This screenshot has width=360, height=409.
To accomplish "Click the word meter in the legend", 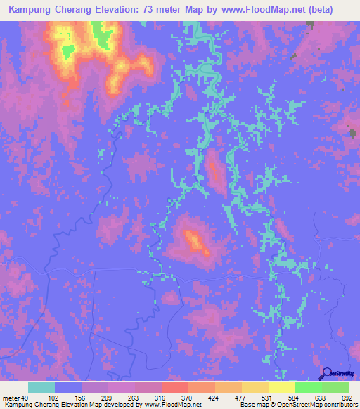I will click(x=11, y=397).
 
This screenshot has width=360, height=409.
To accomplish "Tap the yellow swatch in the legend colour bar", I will click(x=282, y=387).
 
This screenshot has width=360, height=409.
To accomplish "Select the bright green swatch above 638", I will click(x=309, y=387).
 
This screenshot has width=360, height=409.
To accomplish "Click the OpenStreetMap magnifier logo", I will click(x=326, y=374).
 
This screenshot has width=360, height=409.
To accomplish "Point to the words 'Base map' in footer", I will click(x=253, y=405).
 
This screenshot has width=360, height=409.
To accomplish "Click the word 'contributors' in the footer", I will click(x=337, y=405).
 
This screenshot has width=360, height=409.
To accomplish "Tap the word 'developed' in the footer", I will click(x=120, y=405).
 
